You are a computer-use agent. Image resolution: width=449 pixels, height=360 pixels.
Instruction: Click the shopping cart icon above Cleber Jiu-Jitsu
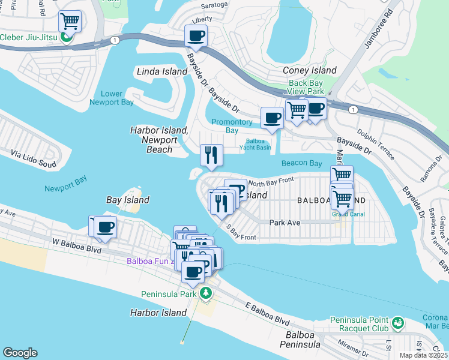pos(70,22)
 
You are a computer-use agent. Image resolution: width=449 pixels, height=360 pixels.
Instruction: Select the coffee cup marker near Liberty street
pos(196,36)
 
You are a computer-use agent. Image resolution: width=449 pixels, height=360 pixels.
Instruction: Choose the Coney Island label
pos(309,71)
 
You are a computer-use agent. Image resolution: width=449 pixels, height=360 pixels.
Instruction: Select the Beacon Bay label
pos(301,163)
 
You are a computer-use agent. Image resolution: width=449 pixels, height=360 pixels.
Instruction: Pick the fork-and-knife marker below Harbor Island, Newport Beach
pos(211,156)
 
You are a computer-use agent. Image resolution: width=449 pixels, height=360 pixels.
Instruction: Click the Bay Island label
pos(127,200)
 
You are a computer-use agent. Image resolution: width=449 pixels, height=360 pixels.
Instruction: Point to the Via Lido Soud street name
pos(34,159)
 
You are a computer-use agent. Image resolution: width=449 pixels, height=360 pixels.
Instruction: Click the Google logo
pos(20,353)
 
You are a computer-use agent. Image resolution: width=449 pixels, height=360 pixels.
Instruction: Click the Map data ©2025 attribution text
pos(424,355)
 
